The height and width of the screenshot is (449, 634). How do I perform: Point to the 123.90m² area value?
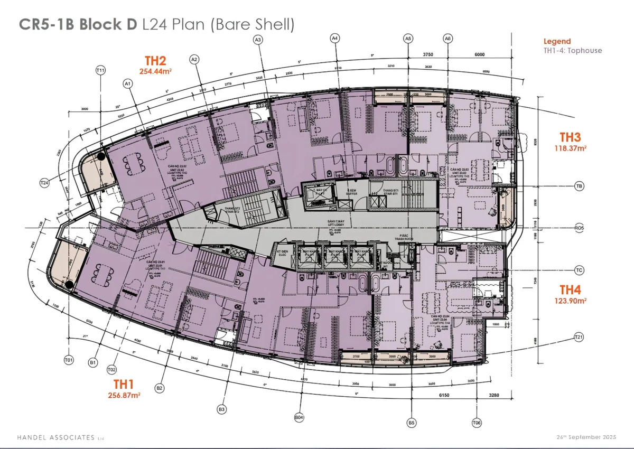570,300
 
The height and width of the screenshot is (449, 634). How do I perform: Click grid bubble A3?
258,40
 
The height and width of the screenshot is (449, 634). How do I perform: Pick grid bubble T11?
100,70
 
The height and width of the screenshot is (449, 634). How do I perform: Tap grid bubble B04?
299,418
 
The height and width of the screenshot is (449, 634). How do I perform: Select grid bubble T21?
579,337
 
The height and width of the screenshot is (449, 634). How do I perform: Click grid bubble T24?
44,183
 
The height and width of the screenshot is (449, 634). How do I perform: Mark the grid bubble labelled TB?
579,186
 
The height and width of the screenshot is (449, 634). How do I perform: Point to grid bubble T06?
477,423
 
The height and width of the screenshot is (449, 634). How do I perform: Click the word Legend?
557,41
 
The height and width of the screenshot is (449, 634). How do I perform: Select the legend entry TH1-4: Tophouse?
572,51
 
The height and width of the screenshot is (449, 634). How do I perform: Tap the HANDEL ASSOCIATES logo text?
54,437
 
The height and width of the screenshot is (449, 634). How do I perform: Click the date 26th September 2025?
586,437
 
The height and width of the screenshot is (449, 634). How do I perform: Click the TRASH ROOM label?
406,238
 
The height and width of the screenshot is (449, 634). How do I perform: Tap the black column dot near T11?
101,156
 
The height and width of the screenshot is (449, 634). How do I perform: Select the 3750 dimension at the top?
428,53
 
